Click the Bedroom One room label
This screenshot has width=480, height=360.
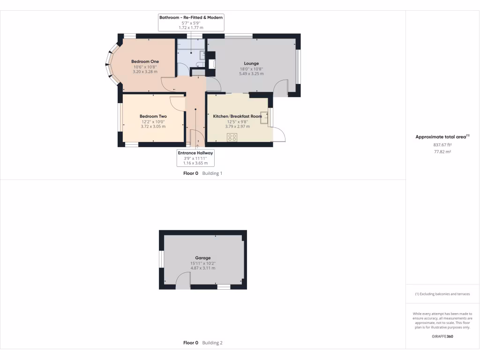coord(145,61)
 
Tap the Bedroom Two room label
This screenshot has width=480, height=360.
coord(153,116)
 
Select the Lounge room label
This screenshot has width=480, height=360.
coord(251,63)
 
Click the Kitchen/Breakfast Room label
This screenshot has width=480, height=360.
coord(237,116)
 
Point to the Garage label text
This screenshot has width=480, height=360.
coord(202,258)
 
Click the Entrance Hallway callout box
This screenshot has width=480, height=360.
coord(195,158)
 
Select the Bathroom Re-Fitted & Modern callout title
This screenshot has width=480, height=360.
coord(191,17)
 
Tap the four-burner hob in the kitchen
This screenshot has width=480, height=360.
coord(232,137)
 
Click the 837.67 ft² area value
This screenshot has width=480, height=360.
coord(442,145)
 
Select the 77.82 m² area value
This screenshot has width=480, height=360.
coord(442,152)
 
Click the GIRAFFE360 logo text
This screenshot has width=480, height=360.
coord(442,336)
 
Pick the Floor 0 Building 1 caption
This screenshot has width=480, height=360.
coord(202,173)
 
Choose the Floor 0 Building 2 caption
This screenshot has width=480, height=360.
coord(202,343)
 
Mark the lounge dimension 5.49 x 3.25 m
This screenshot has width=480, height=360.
coord(251,74)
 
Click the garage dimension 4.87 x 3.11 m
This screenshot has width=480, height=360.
coord(202,268)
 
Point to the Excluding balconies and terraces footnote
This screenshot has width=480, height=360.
coord(442,294)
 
